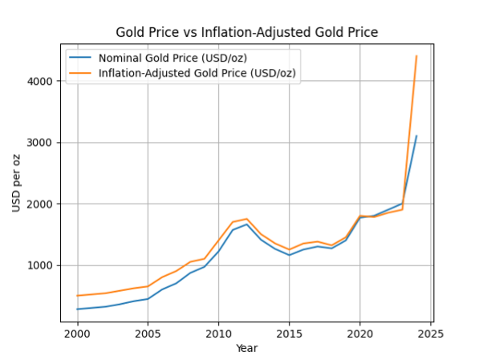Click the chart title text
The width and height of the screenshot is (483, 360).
point(246,32)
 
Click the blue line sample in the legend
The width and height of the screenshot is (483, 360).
point(80,59)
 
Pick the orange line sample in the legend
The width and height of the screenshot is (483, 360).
point(80,74)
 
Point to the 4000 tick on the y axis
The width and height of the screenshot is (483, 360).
point(41,82)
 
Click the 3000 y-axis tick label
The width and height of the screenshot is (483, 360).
point(41,143)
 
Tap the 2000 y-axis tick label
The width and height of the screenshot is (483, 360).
point(41,204)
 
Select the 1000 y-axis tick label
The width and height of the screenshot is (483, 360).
point(41,265)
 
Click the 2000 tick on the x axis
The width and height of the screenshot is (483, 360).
point(77,334)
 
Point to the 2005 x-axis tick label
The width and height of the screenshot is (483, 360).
point(148,334)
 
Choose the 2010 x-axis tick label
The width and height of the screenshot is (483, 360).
point(218,334)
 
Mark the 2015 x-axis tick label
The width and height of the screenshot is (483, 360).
point(289,334)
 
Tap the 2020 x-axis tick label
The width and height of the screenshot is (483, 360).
point(359,334)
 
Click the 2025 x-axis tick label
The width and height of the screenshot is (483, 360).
point(430,334)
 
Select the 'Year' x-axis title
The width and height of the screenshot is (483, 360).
point(246,348)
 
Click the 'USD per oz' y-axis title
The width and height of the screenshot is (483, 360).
point(17,180)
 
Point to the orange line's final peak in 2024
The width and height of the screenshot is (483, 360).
point(416,56)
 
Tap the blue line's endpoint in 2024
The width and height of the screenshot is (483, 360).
point(416,136)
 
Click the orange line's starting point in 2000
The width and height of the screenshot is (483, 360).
point(77,296)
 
